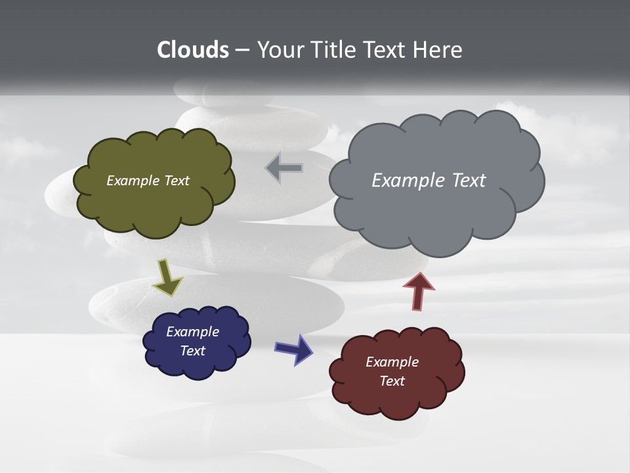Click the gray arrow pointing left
(284, 169)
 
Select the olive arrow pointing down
(167, 277)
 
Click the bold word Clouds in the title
(193, 50)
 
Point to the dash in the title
(242, 50)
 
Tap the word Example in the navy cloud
(192, 332)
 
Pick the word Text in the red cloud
(392, 381)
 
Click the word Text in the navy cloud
(192, 351)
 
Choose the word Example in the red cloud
(392, 362)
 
